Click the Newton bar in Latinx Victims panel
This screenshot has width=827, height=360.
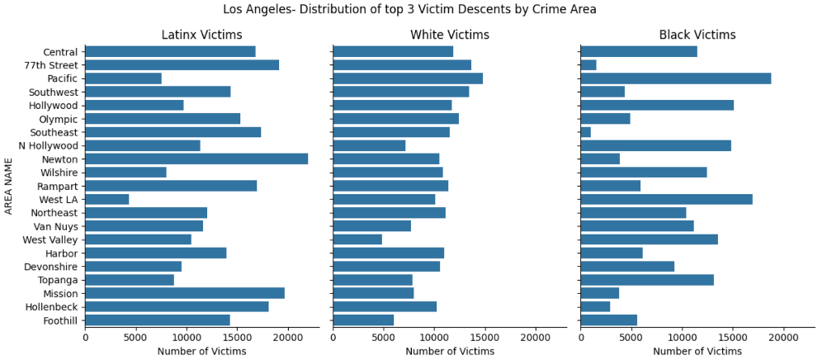tap(196, 159)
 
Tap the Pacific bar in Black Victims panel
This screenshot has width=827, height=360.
tap(676, 78)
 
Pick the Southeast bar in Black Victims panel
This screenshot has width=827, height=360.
tap(586, 132)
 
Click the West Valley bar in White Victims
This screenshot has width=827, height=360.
tap(357, 239)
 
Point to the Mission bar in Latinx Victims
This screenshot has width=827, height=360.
tap(185, 293)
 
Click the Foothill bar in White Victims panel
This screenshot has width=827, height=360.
tap(363, 320)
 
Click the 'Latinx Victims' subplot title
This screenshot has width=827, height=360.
tap(201, 35)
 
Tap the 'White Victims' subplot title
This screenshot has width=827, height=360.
tap(450, 35)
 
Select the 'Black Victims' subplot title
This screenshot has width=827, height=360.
tap(697, 35)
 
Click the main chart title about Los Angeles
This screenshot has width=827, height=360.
tap(409, 10)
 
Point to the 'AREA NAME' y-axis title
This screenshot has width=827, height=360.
tap(9, 186)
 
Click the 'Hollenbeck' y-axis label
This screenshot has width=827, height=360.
tap(52, 306)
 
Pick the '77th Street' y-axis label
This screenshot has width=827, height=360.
tap(51, 65)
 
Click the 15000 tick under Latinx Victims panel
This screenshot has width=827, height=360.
tap(237, 337)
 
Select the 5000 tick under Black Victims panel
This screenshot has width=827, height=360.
tap(631, 337)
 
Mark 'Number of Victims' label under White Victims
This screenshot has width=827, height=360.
tap(450, 351)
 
